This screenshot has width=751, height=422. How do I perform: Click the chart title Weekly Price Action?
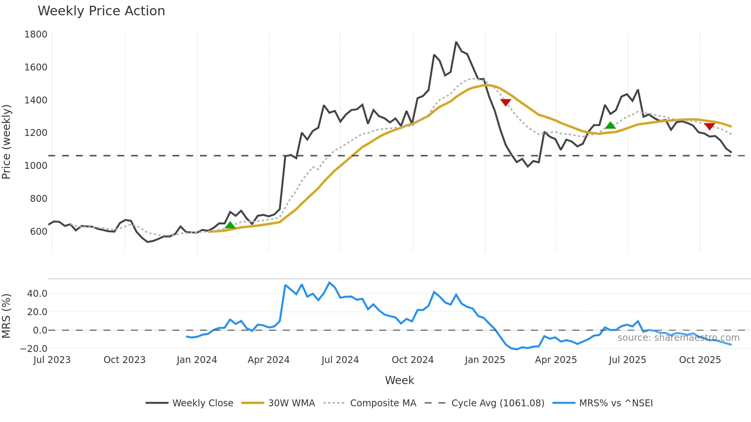tap(101, 11)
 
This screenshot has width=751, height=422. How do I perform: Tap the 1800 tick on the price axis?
tap(36, 34)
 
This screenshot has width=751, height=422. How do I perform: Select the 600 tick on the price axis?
tap(38, 232)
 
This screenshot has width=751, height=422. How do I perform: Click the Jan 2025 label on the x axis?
tap(485, 360)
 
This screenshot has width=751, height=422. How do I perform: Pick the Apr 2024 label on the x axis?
tap(268, 360)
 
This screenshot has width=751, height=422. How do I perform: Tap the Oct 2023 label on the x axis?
tap(125, 360)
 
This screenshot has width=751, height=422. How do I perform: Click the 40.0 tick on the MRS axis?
tap(37, 294)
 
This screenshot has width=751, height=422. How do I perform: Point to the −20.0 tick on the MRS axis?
tap(34, 349)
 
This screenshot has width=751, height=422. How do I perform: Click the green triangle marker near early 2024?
tap(230, 225)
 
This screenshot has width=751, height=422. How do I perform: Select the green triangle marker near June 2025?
tap(610, 125)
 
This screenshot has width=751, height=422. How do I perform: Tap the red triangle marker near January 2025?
tap(506, 102)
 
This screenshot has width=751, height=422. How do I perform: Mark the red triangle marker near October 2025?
tap(709, 126)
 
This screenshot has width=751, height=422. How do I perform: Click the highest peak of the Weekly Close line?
tap(456, 42)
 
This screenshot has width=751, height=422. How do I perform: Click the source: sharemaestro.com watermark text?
tap(678, 338)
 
